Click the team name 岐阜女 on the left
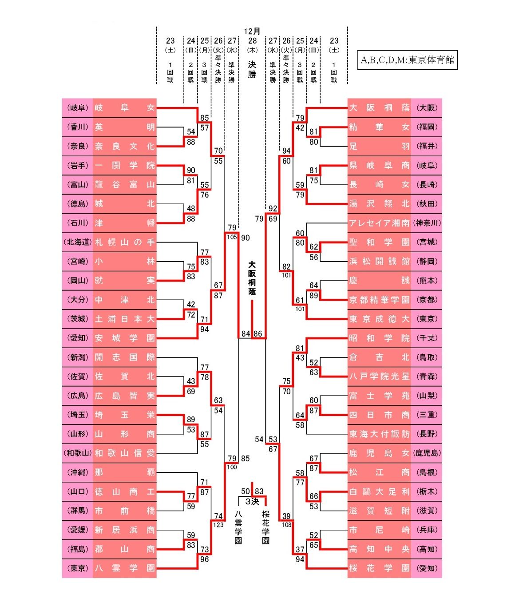coord(124,108)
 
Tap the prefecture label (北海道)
coord(78,242)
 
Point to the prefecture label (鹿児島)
coord(427,453)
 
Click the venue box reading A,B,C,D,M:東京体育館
coord(407,60)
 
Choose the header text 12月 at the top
coord(252,31)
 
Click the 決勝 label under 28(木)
coord(252,69)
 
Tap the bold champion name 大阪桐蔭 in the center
coord(252,278)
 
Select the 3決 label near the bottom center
coord(252,502)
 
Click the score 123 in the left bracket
coord(218,525)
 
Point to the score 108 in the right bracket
coord(286,525)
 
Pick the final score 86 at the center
coord(258,333)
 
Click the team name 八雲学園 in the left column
coord(124,568)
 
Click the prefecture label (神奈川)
coord(427,223)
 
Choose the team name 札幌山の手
coord(124,242)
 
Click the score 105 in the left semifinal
coord(232,237)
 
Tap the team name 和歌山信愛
coord(124,453)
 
